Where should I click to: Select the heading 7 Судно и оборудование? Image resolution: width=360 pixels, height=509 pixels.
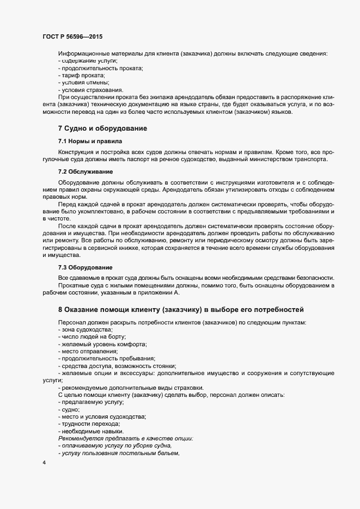103,128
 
